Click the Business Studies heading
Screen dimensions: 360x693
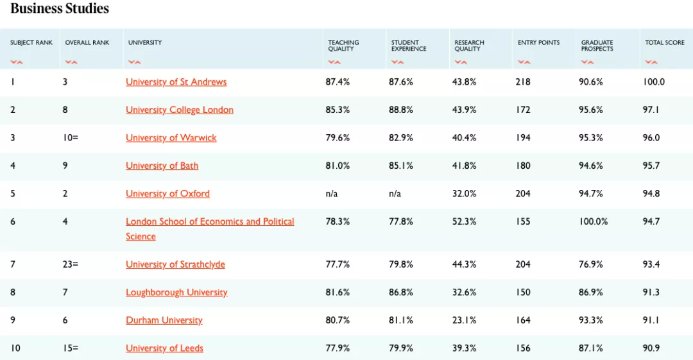click(x=60, y=8)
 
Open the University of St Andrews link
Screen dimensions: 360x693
click(x=176, y=82)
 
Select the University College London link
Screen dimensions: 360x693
click(x=179, y=110)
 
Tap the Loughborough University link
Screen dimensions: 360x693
click(x=176, y=293)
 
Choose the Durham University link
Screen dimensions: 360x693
click(x=164, y=320)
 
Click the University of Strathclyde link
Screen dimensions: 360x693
click(x=175, y=264)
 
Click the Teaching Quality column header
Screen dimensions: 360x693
click(x=343, y=46)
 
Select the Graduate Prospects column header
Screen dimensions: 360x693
click(x=597, y=46)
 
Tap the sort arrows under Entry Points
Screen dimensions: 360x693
click(x=524, y=62)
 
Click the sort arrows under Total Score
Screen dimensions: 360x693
click(x=651, y=62)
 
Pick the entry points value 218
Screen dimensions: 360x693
click(x=523, y=82)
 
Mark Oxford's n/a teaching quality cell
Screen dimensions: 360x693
click(x=332, y=194)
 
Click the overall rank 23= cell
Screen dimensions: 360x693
click(x=70, y=264)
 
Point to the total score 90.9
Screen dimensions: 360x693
click(x=651, y=348)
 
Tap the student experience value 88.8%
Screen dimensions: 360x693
click(x=401, y=110)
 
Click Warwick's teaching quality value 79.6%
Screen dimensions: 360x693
click(x=338, y=138)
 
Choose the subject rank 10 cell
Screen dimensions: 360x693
click(x=15, y=348)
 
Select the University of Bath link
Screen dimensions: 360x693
click(x=162, y=166)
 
